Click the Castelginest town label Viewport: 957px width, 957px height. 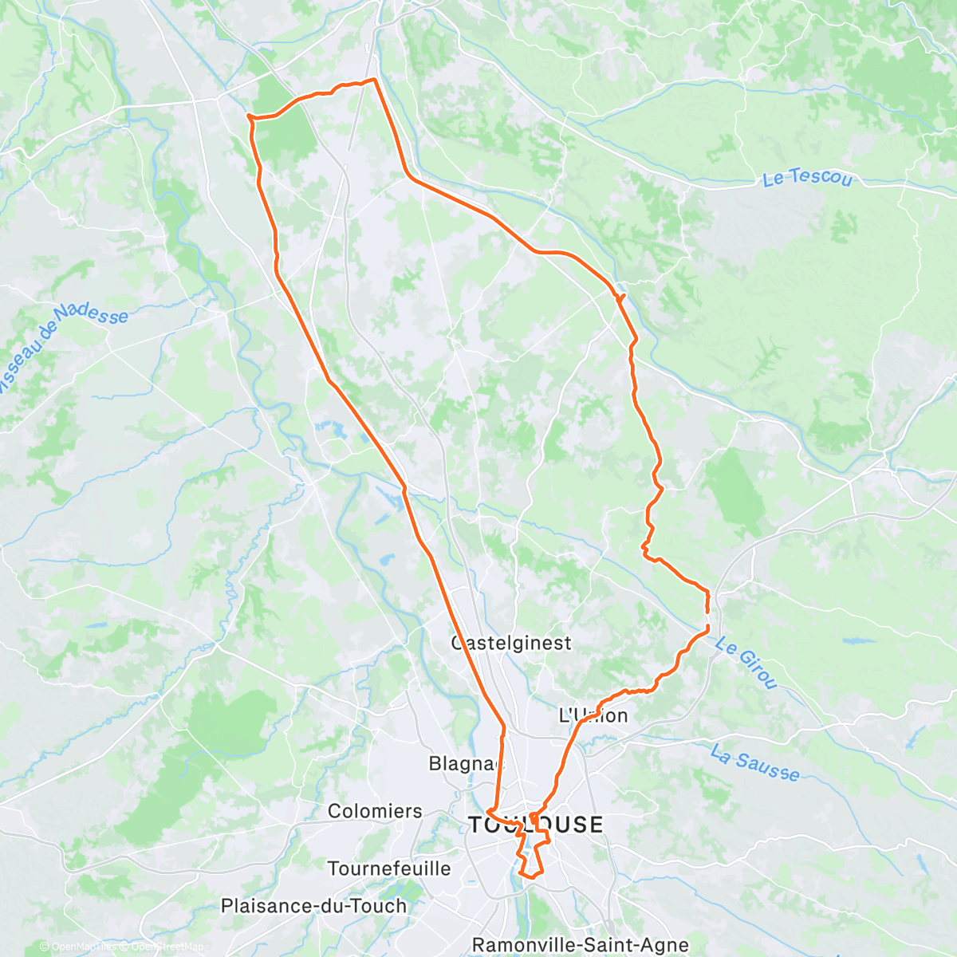point(511,643)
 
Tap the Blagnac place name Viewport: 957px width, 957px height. point(466,763)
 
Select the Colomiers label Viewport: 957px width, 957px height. point(375,811)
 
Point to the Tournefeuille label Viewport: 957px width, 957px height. point(389,868)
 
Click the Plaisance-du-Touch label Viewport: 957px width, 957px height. point(313,906)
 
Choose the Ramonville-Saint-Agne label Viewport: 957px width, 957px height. point(581,945)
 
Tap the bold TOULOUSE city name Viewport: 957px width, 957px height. point(536,825)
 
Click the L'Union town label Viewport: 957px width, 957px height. point(593,715)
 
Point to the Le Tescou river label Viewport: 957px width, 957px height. point(807,179)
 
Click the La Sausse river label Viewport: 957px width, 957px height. point(754,762)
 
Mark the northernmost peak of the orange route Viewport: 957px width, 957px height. point(373,79)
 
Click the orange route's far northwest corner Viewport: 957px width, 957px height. point(250,116)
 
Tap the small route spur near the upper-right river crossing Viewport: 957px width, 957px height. point(620,297)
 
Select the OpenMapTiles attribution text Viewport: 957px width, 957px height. point(80,947)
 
